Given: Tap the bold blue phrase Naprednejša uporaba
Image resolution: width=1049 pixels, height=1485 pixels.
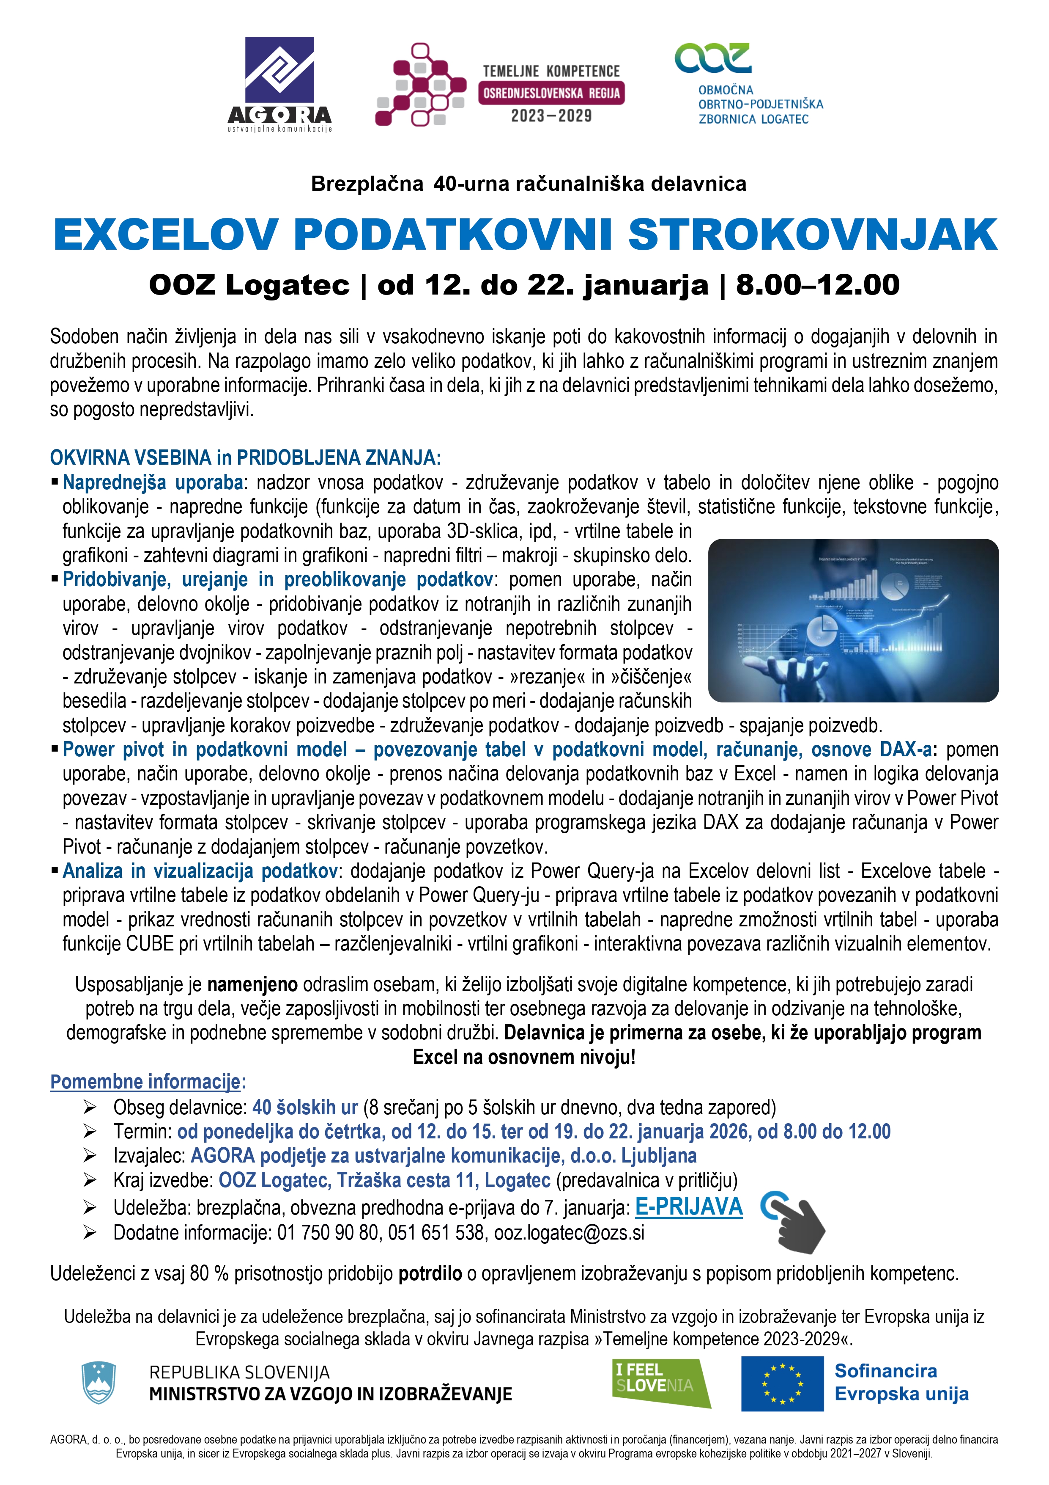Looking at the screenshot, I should (x=153, y=482).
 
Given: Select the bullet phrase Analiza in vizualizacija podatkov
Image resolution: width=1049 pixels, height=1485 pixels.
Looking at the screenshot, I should (x=200, y=871).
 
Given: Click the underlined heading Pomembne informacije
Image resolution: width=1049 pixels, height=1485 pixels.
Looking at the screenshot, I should (x=145, y=1082).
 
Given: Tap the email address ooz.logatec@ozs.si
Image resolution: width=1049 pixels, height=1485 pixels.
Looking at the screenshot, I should (x=569, y=1233).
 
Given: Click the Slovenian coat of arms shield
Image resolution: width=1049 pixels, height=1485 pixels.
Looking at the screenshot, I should (x=98, y=1383).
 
